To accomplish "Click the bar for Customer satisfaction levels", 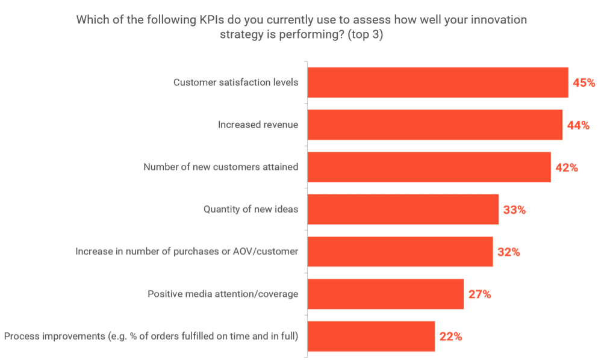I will tap(438, 82).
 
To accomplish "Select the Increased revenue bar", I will tap(435, 125).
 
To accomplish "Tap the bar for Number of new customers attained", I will tap(429, 167).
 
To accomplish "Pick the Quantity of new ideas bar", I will tap(403, 209).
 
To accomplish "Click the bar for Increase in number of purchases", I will tap(400, 252).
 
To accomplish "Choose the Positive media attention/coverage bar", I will tap(385, 294).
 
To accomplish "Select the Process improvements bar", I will tap(371, 336).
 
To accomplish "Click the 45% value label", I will tap(584, 82).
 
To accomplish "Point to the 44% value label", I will tap(578, 125).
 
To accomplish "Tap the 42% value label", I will tap(566, 167).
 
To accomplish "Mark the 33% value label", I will tap(514, 210).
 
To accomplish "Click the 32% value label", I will tap(508, 252).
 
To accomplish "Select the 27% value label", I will tap(479, 294).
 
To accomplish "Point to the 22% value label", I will tap(450, 337).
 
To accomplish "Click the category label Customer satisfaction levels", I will tap(235, 82).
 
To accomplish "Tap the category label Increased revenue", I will tap(258, 125).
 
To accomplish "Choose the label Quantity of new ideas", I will tap(251, 209).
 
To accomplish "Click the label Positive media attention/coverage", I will tap(223, 294).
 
